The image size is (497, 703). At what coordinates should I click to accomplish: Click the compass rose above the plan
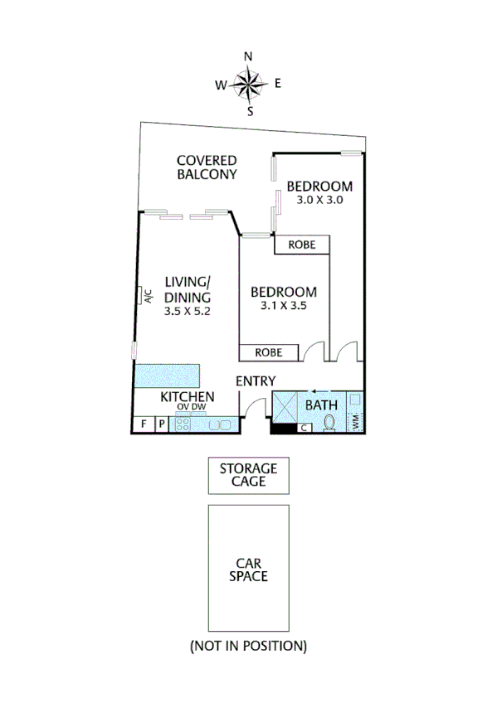point(248,84)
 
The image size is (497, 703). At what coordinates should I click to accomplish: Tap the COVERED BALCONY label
point(207,167)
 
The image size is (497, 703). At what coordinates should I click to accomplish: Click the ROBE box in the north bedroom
point(302,245)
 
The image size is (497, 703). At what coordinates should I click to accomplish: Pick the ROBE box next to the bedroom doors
point(269,352)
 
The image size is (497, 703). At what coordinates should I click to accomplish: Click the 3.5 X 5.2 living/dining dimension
point(188,312)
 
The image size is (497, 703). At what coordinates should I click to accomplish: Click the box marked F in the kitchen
point(143,424)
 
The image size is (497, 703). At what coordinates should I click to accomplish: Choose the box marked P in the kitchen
point(162,424)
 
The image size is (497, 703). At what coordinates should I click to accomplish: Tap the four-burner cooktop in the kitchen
point(183,424)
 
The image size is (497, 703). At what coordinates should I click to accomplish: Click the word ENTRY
point(256,381)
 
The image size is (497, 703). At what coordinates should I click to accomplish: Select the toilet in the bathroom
point(329,423)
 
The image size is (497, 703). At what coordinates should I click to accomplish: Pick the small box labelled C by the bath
point(305,428)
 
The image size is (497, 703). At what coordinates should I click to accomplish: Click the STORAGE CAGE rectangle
point(248,475)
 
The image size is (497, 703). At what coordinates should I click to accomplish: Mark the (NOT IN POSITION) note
point(248,645)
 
